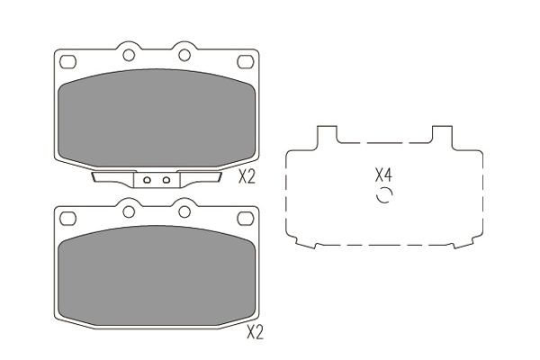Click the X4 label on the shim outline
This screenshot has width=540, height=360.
383,175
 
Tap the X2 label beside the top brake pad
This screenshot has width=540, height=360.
247,177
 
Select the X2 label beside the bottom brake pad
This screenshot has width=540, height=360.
255,332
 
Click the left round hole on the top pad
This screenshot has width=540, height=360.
129,55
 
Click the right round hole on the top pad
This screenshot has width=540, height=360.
184,55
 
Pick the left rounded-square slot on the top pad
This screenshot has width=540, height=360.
67,62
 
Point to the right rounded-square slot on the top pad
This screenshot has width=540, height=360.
246,62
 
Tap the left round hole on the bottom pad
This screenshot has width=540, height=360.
129,211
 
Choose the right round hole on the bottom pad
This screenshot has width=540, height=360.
184,211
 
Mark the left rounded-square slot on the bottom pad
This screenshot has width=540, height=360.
67,219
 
